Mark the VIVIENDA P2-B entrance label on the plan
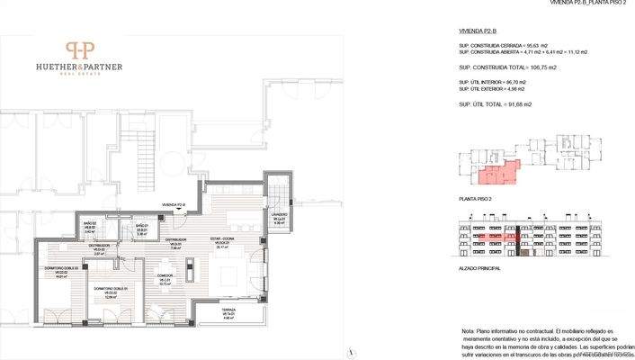(x=174, y=205)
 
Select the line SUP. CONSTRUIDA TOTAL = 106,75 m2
(x=507, y=67)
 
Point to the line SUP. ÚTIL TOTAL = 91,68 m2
(x=495, y=104)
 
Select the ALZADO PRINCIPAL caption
(x=478, y=267)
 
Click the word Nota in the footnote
(x=468, y=330)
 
